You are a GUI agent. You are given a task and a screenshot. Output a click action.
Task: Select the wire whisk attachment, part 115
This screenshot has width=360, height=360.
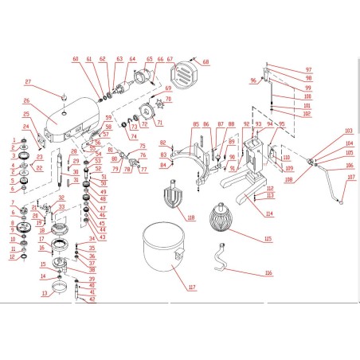pyautogui.click(x=220, y=219)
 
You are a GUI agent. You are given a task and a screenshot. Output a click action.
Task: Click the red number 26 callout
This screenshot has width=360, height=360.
pyautogui.click(x=26, y=101)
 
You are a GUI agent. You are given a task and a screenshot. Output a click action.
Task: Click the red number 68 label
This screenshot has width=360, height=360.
pyautogui.click(x=205, y=62)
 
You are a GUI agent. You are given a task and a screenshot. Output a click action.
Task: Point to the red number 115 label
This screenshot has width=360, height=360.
pyautogui.click(x=268, y=238)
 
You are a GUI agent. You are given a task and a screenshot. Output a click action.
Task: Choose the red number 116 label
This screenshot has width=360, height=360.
pyautogui.click(x=268, y=272)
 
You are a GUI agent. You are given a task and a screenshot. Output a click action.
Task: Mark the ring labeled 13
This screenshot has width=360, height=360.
pyautogui.click(x=60, y=286)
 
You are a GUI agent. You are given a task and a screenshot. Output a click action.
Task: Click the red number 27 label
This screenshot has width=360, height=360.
pyautogui.click(x=28, y=82)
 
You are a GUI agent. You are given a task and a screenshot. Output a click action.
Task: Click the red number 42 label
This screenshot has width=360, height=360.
pyautogui.click(x=92, y=299)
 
